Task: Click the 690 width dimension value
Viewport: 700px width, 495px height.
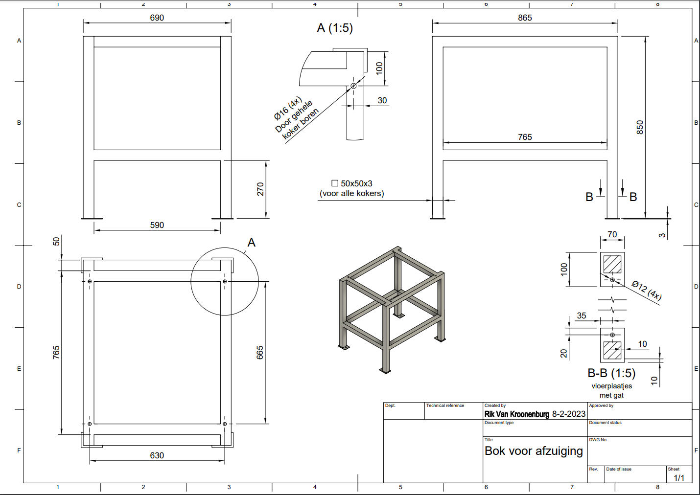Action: [x=157, y=18]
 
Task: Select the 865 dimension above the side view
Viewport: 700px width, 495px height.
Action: [x=525, y=18]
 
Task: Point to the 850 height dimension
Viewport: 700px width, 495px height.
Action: [x=640, y=128]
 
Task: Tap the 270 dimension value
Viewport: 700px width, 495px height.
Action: [x=260, y=189]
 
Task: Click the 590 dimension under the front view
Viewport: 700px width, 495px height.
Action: [x=157, y=225]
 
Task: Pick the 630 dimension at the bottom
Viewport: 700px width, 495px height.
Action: [x=157, y=455]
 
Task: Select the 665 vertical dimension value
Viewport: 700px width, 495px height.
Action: [x=260, y=353]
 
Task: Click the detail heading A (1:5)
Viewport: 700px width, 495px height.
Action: [x=335, y=28]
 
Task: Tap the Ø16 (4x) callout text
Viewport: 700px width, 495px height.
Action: [x=288, y=108]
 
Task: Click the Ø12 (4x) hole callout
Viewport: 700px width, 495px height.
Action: [x=647, y=291]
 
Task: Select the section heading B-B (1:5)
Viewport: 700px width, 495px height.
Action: [x=611, y=373]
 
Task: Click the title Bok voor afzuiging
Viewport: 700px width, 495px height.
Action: [x=534, y=451]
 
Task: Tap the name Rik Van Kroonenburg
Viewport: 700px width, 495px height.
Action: [x=516, y=414]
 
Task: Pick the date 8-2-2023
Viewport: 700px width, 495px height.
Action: [x=569, y=414]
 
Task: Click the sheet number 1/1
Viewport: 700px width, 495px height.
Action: [x=679, y=478]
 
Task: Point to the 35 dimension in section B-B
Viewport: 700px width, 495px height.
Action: [x=581, y=315]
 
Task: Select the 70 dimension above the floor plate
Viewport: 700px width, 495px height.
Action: [x=612, y=234]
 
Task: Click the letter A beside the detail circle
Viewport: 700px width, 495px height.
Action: [x=251, y=243]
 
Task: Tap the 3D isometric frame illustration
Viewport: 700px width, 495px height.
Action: [x=392, y=310]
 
